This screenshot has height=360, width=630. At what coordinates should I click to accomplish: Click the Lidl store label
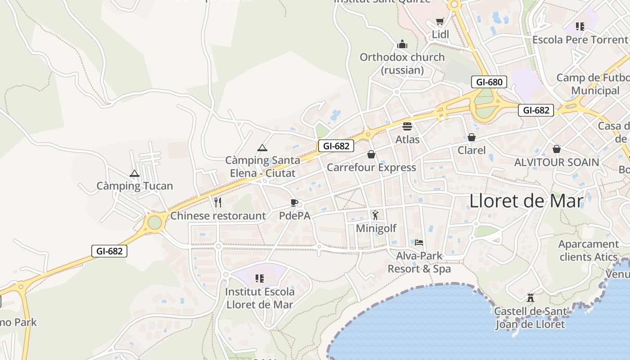click(441, 35)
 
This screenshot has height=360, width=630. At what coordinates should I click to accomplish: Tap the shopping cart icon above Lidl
click(440, 21)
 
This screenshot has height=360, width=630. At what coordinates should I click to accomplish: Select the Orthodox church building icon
click(402, 44)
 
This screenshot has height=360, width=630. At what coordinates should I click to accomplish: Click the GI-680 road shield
click(489, 82)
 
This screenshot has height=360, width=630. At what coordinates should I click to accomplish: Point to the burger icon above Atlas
click(407, 126)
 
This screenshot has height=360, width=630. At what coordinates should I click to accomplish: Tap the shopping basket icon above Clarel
click(471, 137)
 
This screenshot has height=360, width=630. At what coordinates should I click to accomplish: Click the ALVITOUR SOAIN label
click(557, 162)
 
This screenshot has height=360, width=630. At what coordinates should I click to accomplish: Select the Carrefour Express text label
click(371, 167)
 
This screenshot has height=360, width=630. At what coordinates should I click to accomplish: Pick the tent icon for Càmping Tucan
click(134, 173)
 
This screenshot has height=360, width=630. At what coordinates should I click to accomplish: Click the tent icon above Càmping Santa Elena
click(262, 148)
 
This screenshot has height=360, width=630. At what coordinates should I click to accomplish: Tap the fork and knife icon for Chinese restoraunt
click(218, 202)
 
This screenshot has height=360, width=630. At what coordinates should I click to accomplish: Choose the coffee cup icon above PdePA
click(294, 202)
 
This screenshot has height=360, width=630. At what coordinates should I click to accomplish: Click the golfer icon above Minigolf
click(375, 215)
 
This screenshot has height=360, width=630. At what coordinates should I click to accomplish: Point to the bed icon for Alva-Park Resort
click(419, 243)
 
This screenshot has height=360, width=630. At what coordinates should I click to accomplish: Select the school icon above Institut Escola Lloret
click(259, 279)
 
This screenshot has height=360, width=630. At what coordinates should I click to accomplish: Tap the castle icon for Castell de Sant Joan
click(530, 298)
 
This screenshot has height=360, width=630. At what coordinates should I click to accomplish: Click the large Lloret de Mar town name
click(526, 201)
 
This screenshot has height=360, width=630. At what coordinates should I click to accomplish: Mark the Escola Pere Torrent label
click(580, 40)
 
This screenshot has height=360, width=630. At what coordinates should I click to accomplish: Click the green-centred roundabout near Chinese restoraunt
click(154, 222)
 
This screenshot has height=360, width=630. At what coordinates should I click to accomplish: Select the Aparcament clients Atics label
click(588, 251)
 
